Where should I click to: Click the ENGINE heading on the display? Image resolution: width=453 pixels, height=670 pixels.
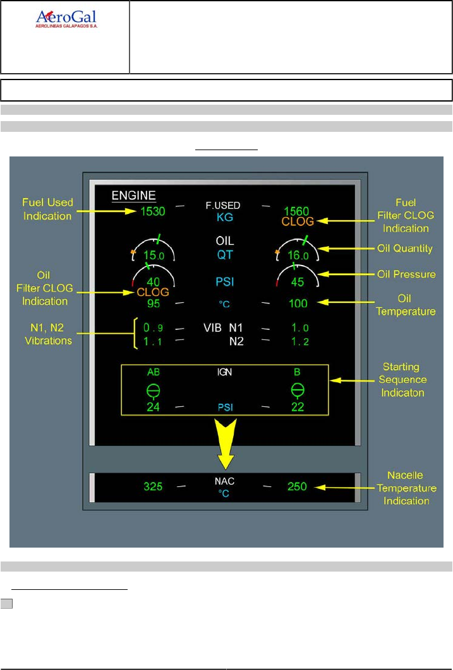click(134, 195)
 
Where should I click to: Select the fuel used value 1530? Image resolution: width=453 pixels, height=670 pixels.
click(152, 211)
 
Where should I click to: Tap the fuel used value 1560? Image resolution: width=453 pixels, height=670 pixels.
click(297, 212)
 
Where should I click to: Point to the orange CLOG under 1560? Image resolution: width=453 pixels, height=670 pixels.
click(297, 222)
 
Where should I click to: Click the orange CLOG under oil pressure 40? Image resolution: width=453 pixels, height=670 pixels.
click(153, 292)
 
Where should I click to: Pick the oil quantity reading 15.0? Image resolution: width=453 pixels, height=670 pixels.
click(154, 256)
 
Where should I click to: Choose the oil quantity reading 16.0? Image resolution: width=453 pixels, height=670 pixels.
click(297, 256)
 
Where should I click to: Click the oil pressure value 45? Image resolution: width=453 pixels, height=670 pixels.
click(297, 282)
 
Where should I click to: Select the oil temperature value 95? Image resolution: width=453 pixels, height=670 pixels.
click(153, 303)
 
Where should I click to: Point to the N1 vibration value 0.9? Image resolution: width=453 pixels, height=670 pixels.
click(153, 328)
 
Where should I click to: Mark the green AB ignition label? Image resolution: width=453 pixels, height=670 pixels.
click(153, 372)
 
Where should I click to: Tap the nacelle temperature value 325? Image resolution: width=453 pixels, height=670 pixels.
click(153, 486)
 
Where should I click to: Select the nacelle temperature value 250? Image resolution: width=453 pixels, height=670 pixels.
click(297, 486)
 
